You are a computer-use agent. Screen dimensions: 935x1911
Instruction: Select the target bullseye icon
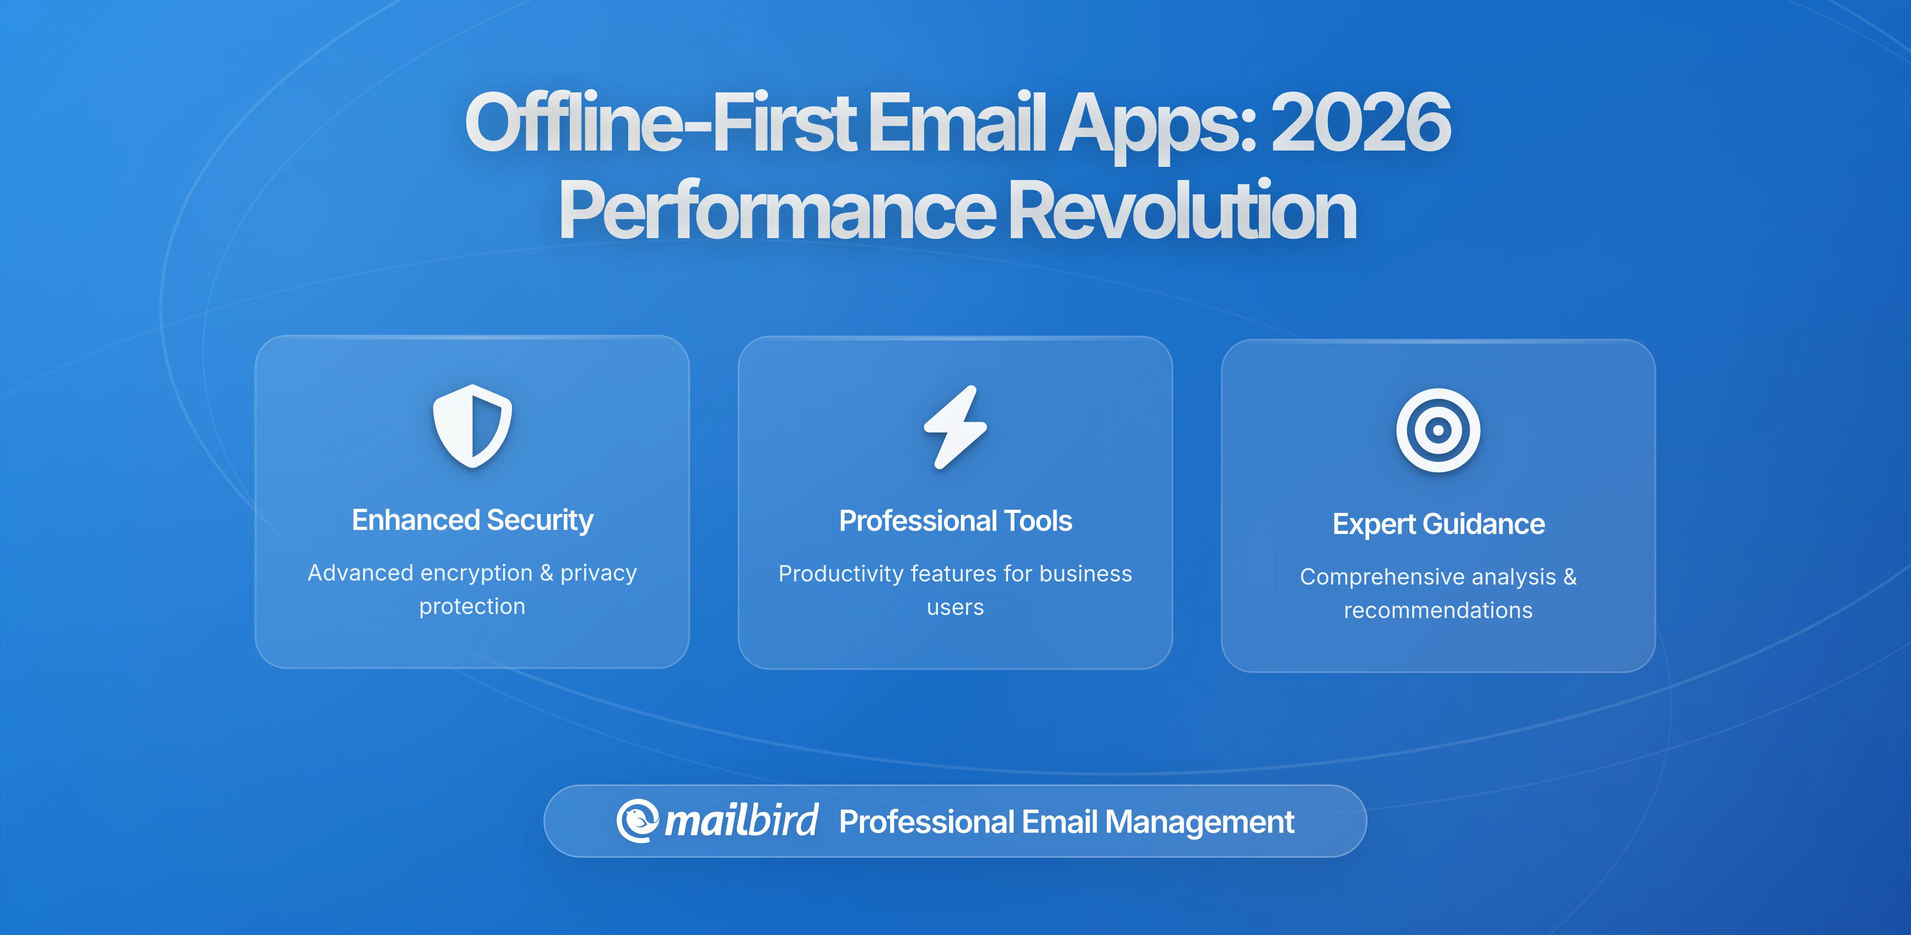(1438, 430)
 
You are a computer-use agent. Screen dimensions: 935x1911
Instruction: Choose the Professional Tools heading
(955, 521)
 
